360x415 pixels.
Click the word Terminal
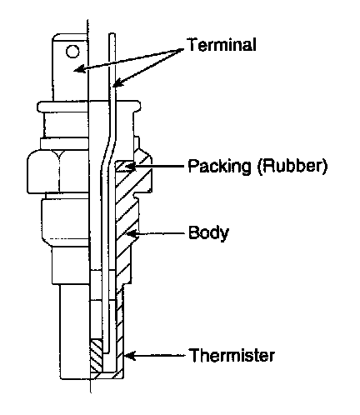point(222,45)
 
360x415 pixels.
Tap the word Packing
point(219,167)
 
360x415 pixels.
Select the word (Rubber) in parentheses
point(292,167)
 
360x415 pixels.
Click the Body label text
point(208,232)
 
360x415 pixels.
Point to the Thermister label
point(232,355)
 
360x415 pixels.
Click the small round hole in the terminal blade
point(72,51)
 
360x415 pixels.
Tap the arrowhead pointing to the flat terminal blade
point(79,69)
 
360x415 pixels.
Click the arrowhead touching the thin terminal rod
point(117,82)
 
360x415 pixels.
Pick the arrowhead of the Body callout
point(132,233)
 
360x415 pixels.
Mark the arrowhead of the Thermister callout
point(129,355)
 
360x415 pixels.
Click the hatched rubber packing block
point(124,166)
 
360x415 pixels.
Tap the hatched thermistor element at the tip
point(97,355)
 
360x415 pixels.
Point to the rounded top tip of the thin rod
point(112,34)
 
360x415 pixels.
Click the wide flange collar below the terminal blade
point(88,106)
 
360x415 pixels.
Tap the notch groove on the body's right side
point(136,197)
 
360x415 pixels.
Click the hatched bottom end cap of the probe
point(107,375)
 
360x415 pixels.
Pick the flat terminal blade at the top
point(70,67)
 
